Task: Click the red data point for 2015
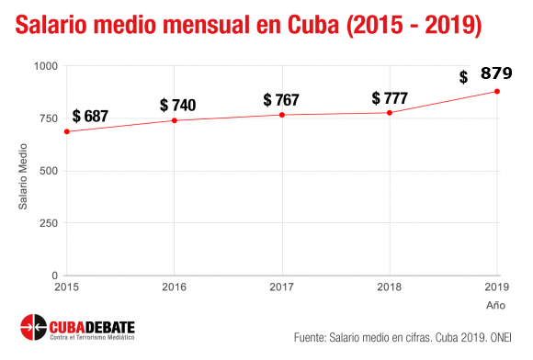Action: pos(66,131)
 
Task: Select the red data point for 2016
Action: pos(174,120)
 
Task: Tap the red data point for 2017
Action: pos(282,115)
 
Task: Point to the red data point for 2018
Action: pos(390,113)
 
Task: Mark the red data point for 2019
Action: pos(497,91)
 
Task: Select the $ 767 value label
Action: pos(288,99)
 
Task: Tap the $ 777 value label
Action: pos(396,97)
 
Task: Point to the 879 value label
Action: pos(496,74)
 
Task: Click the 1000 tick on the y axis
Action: pos(44,66)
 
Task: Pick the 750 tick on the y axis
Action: pos(48,118)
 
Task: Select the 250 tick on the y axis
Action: pos(48,223)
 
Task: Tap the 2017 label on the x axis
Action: pos(282,287)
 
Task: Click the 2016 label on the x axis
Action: pos(174,287)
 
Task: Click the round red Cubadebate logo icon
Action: pos(33,326)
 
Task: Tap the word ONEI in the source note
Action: pos(508,335)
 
